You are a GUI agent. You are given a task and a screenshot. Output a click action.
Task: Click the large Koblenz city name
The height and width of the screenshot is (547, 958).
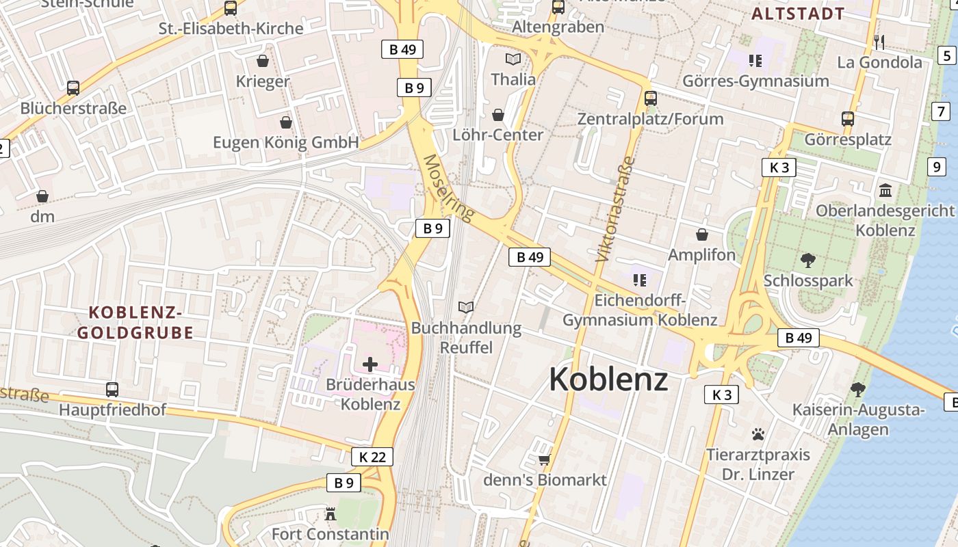608,379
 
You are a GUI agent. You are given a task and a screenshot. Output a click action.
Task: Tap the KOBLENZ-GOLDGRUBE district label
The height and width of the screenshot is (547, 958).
135,323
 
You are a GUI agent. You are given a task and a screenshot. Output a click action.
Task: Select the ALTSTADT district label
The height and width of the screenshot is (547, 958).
798,13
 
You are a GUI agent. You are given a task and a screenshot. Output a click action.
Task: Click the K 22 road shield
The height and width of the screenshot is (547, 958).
372,457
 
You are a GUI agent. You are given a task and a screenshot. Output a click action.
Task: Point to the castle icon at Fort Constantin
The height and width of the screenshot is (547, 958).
331,513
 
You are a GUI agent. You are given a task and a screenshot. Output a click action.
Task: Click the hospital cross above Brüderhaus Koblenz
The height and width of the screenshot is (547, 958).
370,364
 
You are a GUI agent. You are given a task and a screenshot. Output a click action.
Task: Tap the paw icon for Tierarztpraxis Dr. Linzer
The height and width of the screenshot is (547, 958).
758,433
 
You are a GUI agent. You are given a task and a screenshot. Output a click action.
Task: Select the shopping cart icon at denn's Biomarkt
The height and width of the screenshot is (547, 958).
545,459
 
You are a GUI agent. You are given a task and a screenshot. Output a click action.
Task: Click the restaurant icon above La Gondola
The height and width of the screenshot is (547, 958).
879,42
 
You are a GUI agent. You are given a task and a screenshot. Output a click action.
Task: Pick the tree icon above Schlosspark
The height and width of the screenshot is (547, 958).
808,260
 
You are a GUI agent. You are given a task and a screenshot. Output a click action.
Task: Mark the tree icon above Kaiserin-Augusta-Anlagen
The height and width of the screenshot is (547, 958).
858,390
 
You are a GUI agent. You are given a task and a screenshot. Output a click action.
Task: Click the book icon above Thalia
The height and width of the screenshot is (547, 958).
513,59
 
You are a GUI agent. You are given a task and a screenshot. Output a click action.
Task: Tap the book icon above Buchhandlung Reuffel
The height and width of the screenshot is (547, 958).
466,308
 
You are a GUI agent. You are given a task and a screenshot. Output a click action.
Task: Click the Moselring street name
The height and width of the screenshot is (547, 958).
449,189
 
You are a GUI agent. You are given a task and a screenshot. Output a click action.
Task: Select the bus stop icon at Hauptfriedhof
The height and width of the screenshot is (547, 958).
112,390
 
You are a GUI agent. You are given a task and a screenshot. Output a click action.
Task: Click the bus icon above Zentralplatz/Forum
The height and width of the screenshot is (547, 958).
650,98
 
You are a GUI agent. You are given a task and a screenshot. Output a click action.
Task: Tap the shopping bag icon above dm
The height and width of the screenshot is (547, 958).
42,196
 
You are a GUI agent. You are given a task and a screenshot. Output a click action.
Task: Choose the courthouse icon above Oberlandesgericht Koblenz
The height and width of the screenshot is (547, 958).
885,190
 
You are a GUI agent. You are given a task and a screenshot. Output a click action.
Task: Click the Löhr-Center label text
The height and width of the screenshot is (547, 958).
498,135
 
